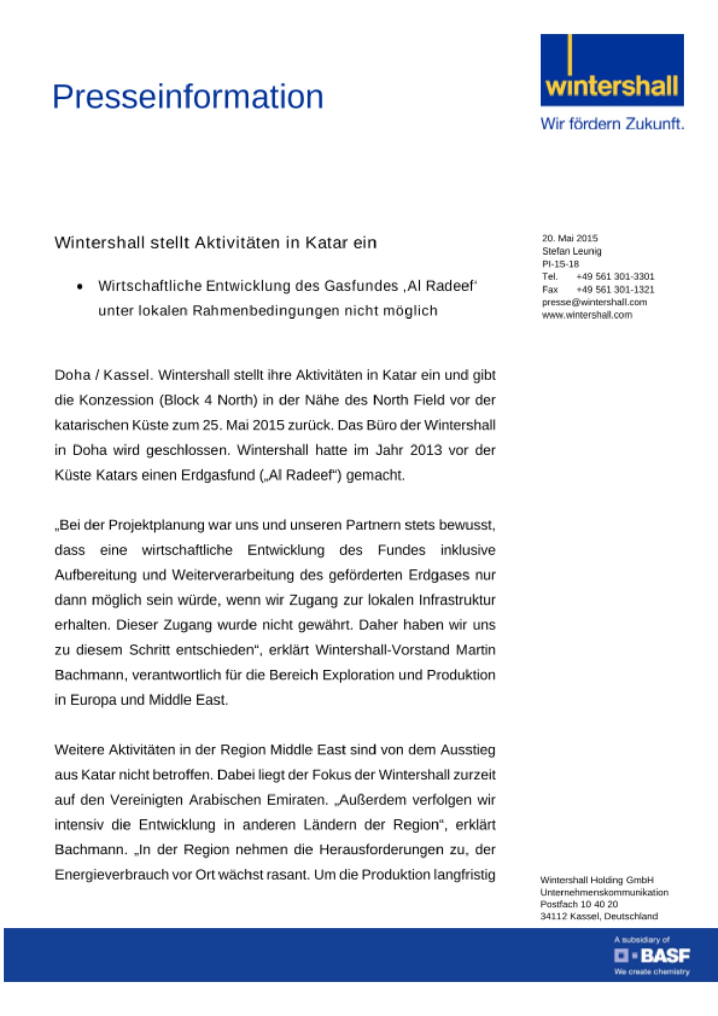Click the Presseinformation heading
tap(188, 97)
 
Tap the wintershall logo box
tap(612, 70)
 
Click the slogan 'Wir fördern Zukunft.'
tap(612, 123)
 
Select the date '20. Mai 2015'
tap(570, 238)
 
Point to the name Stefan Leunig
tap(571, 251)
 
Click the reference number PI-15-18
tap(560, 264)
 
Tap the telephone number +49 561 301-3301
tap(615, 276)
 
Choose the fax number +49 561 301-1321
tap(615, 290)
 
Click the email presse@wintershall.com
tap(594, 302)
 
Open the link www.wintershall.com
tap(587, 315)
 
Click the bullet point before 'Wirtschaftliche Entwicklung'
tap(80, 287)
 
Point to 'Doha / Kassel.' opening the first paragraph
tap(104, 375)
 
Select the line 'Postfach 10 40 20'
tap(579, 904)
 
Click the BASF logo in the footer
tap(652, 956)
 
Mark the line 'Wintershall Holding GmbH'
tap(597, 880)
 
